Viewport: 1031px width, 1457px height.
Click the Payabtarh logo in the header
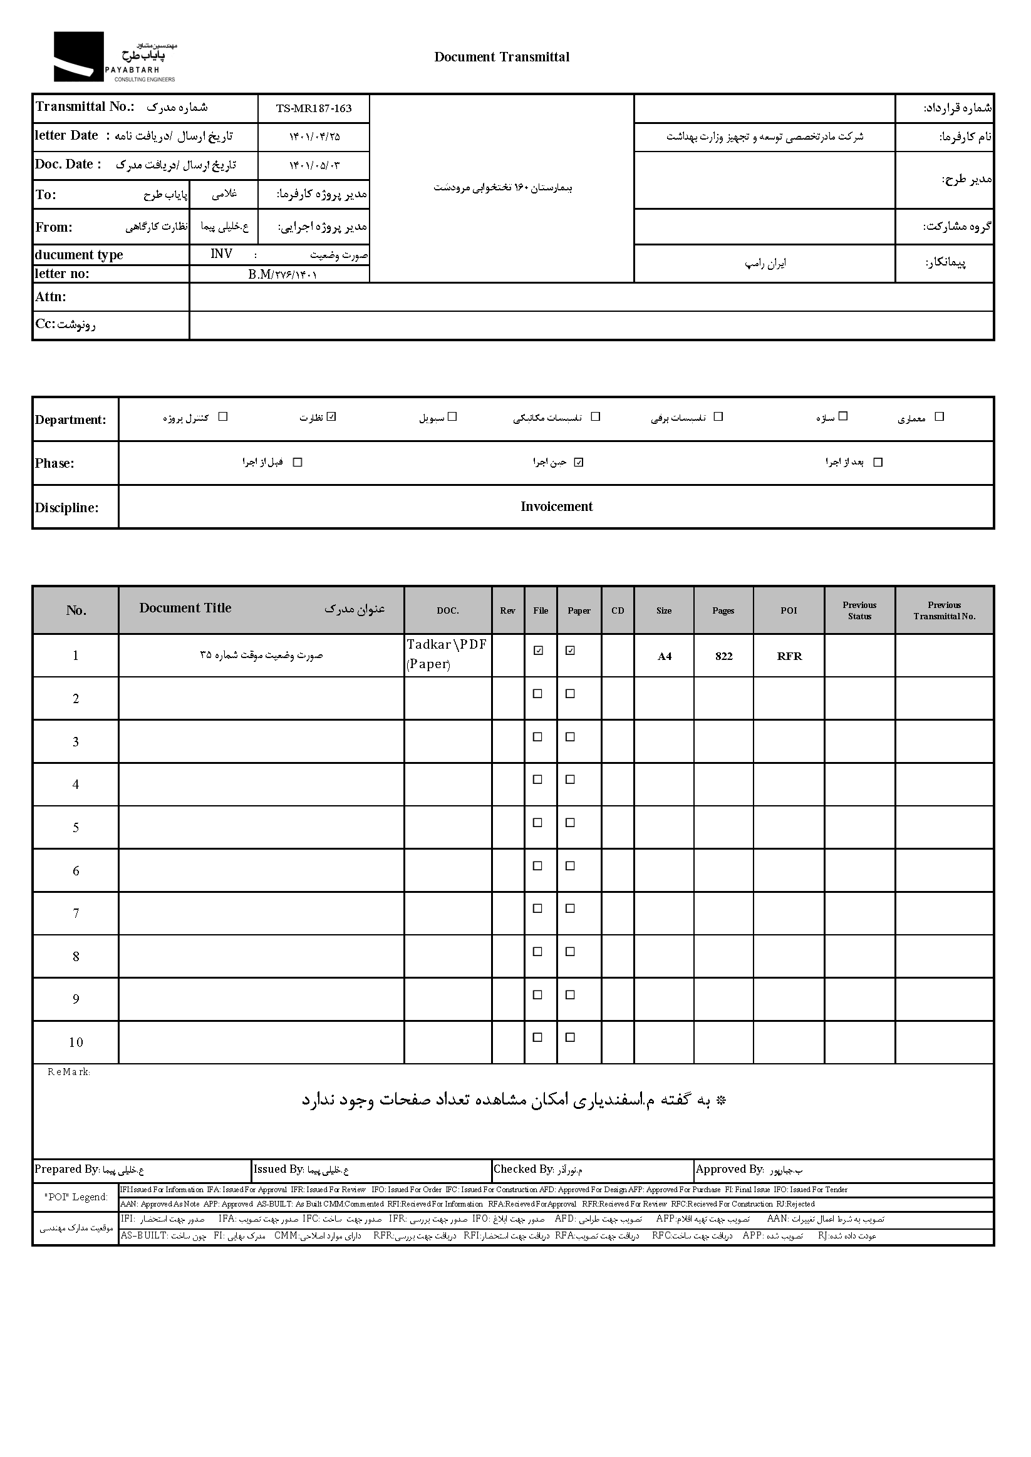tap(114, 57)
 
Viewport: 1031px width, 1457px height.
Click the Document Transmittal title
tap(502, 57)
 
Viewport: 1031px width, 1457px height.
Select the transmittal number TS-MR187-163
tap(314, 108)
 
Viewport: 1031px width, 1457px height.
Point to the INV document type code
tap(221, 254)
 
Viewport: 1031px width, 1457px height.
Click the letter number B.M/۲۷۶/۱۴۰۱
tap(282, 275)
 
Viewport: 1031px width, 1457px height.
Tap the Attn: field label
tap(51, 297)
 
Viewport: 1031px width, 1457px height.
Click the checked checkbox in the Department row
tap(331, 417)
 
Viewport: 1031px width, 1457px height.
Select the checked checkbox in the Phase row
tap(578, 462)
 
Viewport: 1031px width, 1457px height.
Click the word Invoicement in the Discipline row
tap(556, 507)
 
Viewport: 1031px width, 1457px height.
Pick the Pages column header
tap(723, 610)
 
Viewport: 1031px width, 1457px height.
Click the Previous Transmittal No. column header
tap(944, 610)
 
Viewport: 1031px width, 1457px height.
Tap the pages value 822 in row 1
tap(723, 656)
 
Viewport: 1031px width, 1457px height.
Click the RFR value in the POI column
tap(789, 656)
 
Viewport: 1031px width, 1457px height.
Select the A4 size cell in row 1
tap(664, 656)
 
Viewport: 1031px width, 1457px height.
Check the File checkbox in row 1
tap(538, 651)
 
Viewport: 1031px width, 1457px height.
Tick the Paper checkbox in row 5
tap(570, 822)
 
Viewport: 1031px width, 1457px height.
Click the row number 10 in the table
tap(76, 1042)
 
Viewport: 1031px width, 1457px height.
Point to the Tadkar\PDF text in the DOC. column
tap(447, 644)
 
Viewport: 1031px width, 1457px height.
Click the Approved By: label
tap(730, 1169)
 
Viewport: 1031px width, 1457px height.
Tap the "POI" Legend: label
tap(76, 1197)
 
